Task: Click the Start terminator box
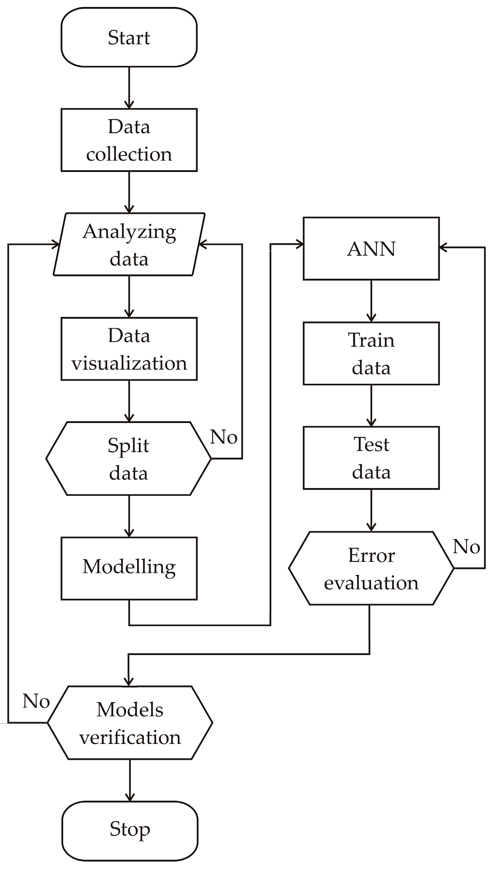tap(129, 37)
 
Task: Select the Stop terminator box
tap(129, 831)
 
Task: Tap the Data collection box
tap(129, 140)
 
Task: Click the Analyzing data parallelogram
tap(129, 244)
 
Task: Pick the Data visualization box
tap(129, 349)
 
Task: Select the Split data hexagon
tap(128, 458)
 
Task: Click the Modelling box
tap(129, 568)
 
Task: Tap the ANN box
tap(371, 249)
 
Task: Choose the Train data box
tap(371, 353)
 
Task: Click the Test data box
tap(371, 458)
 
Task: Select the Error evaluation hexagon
tap(371, 568)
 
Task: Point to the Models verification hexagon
tap(130, 723)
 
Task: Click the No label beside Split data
tap(224, 437)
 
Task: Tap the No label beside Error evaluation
tap(466, 547)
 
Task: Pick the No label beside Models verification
tap(36, 701)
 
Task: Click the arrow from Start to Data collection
tap(129, 88)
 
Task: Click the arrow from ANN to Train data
tap(371, 301)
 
